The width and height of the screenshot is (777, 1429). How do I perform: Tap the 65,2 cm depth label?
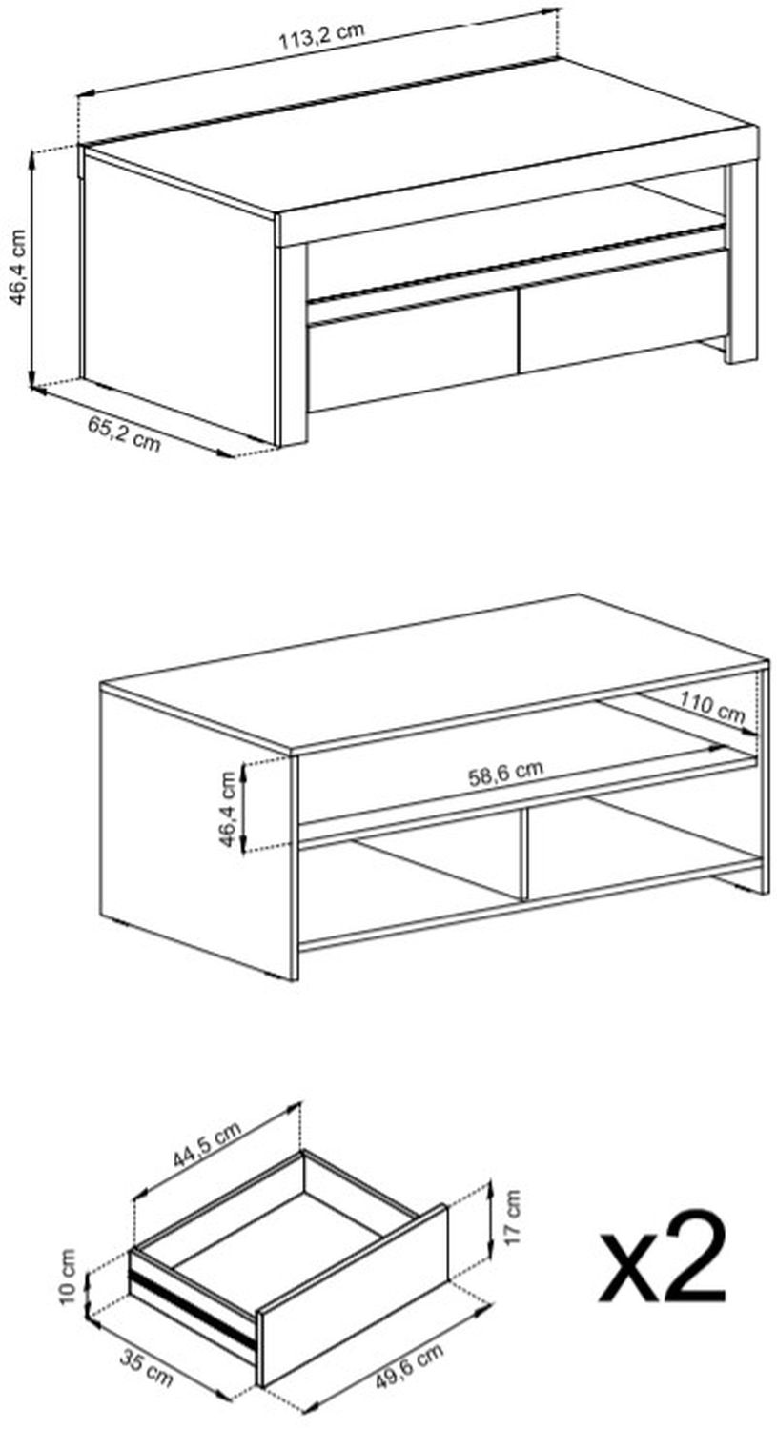124,434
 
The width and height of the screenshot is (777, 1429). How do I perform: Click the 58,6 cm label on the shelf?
505,772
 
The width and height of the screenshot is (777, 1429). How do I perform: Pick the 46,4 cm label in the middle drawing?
227,809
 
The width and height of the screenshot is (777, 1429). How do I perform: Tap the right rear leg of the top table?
742,263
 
